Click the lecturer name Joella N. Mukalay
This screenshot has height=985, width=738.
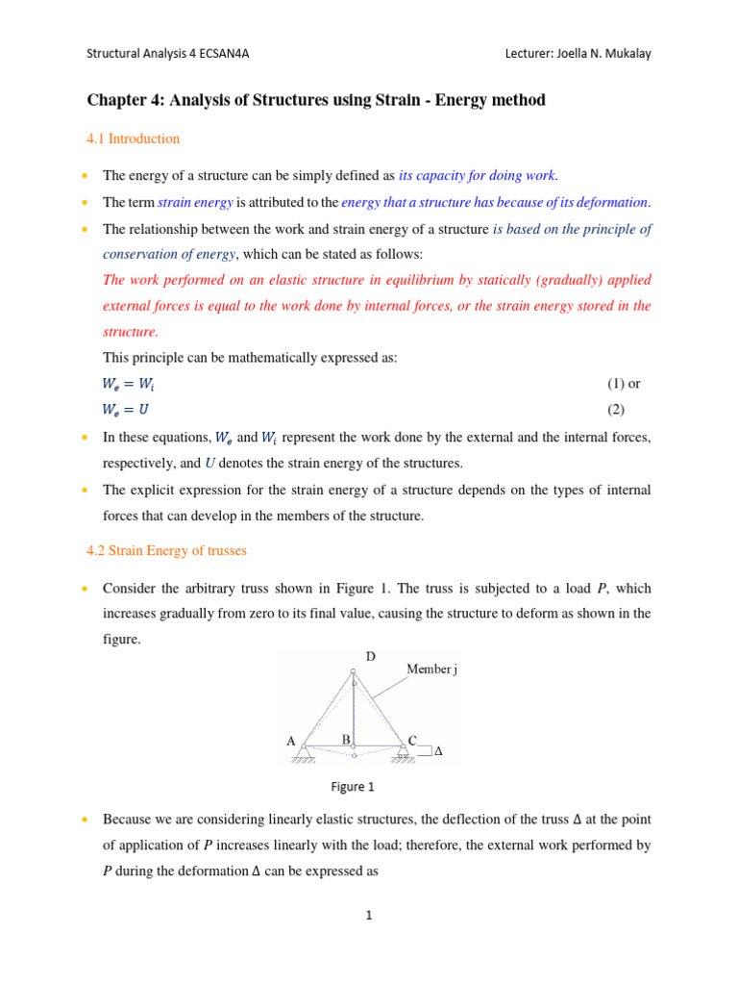click(603, 54)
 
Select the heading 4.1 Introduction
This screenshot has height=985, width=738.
click(133, 139)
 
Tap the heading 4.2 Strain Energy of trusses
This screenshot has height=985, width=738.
click(166, 551)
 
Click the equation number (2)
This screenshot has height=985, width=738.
click(615, 410)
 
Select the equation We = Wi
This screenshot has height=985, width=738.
click(132, 384)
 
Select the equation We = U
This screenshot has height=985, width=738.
click(130, 410)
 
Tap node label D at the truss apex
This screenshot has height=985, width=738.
click(370, 657)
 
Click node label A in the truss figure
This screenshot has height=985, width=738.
click(290, 742)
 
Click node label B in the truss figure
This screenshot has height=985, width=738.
click(346, 739)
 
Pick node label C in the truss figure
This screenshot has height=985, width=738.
click(413, 741)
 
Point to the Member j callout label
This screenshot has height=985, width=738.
click(431, 669)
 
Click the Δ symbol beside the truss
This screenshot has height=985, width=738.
click(439, 752)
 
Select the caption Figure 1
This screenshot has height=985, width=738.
click(353, 787)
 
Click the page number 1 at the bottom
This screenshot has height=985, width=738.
click(368, 916)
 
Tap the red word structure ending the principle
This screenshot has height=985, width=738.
click(130, 332)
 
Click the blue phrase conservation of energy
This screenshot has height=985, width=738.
click(169, 254)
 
